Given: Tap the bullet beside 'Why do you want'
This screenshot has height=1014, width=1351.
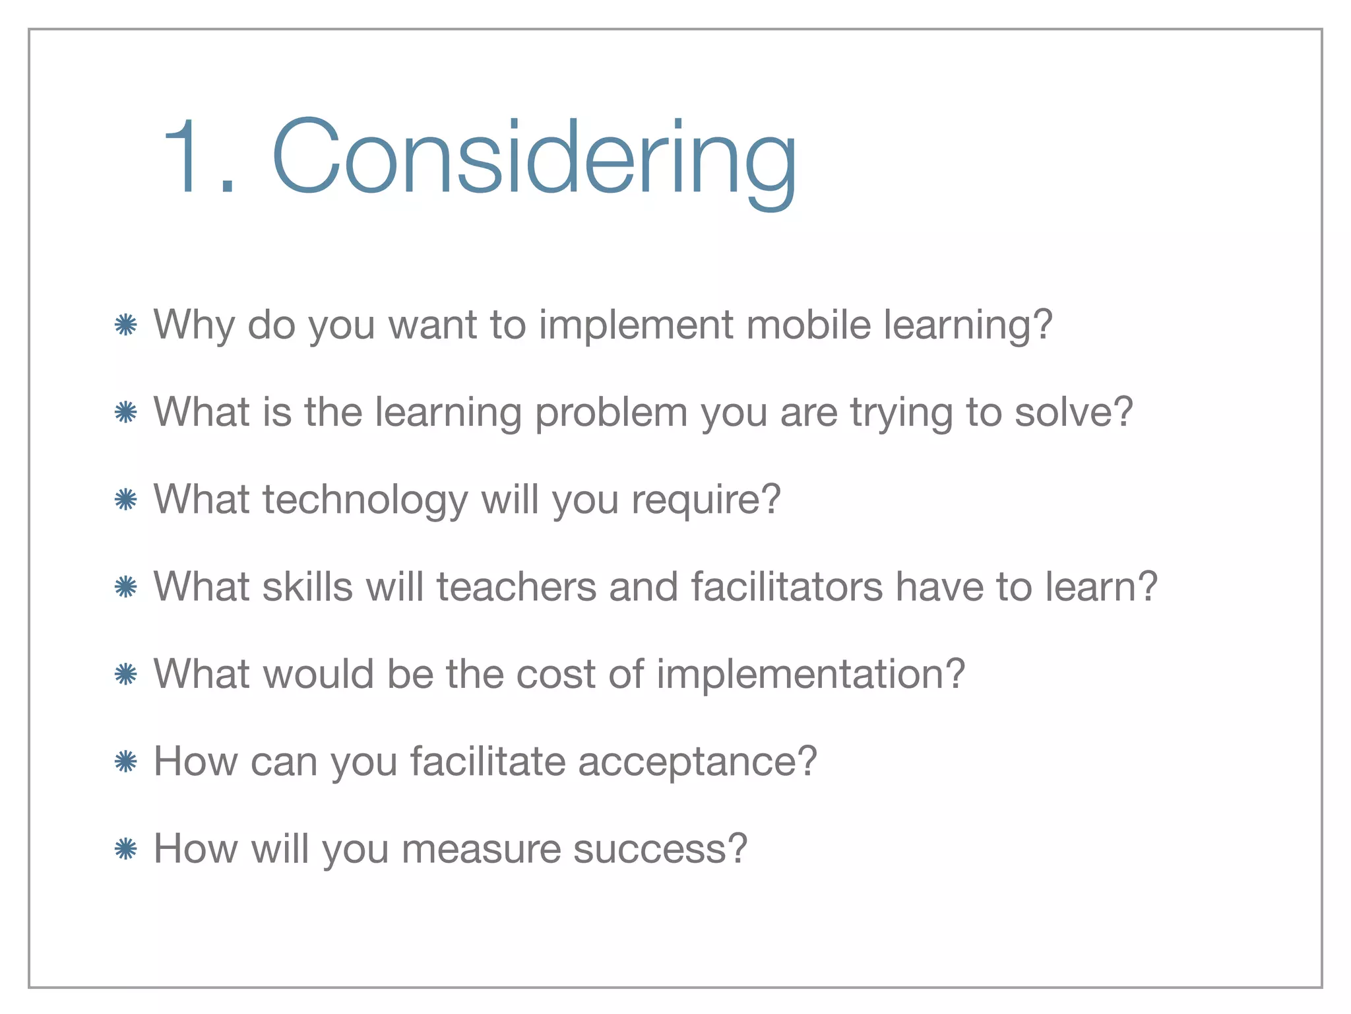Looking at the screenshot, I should (x=125, y=325).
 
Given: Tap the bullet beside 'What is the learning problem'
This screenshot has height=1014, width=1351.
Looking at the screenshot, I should (x=125, y=413).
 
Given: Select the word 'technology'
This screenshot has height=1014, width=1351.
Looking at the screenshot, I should (x=365, y=500).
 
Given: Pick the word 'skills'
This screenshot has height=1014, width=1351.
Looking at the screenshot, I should (x=307, y=586).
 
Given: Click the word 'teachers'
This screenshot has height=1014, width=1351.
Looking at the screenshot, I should (x=516, y=586).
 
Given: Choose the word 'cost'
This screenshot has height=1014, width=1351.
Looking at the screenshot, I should (x=555, y=674).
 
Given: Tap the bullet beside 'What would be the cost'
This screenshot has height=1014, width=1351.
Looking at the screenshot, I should (x=125, y=674).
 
